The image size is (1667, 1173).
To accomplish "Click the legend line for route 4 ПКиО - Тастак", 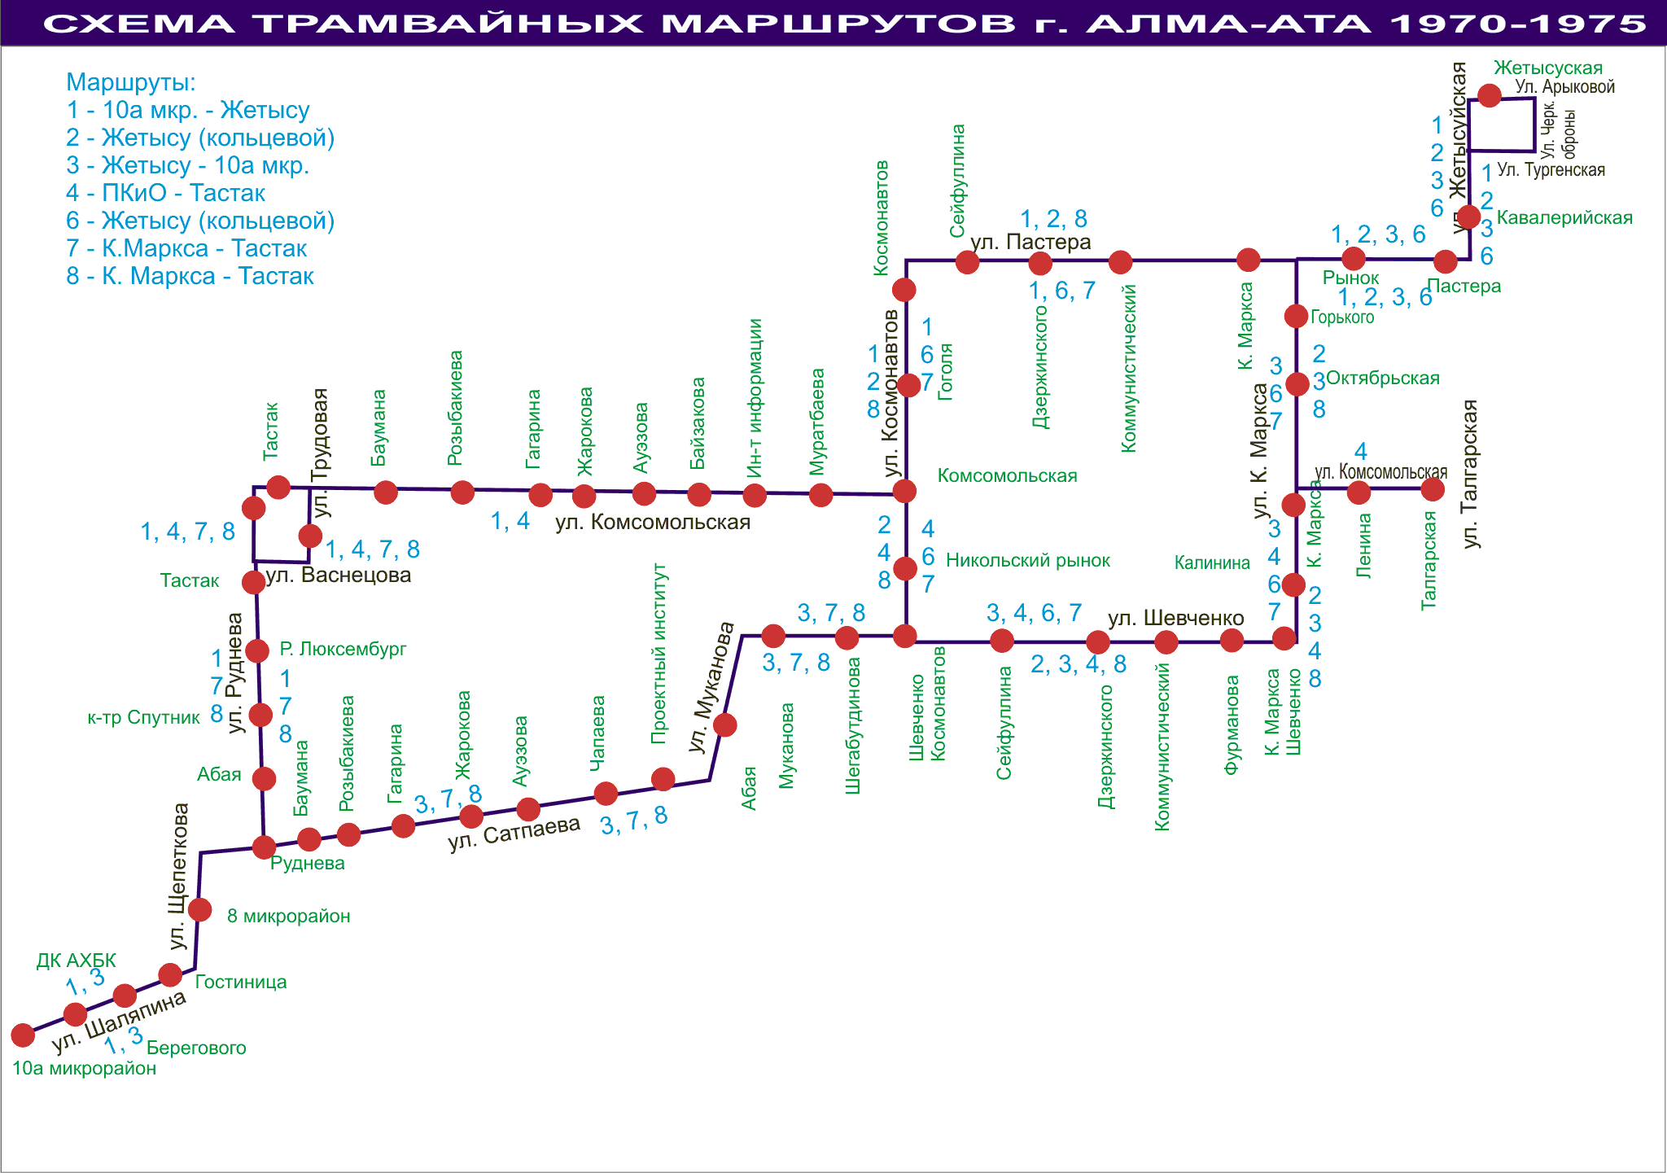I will (x=166, y=194).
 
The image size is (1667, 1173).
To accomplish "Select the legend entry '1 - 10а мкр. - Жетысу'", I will (x=188, y=110).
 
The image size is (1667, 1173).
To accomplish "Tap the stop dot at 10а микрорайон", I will (x=23, y=1035).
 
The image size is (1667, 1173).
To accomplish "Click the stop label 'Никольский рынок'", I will (x=1027, y=560).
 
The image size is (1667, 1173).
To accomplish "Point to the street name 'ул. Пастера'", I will (x=1030, y=243).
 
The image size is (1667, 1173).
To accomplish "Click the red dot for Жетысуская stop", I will (x=1490, y=95).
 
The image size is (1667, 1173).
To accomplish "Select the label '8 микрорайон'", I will (x=288, y=916).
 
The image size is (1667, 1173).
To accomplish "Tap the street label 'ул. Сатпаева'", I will (x=514, y=833).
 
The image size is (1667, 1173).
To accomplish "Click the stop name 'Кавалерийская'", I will (x=1564, y=218).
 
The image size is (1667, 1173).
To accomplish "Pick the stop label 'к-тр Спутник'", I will (x=144, y=718).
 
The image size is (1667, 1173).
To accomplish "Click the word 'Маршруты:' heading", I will (x=131, y=82).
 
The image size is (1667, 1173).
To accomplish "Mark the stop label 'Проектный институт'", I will (x=660, y=653).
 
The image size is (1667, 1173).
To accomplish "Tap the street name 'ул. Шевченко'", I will (x=1175, y=619).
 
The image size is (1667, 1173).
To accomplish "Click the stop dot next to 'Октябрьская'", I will (x=1297, y=383).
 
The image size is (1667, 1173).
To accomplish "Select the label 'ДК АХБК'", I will (x=77, y=961).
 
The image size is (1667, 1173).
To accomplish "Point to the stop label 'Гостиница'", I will (x=241, y=982).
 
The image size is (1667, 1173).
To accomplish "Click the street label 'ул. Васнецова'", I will (x=339, y=576).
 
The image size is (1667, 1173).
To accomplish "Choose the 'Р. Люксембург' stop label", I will (x=343, y=649).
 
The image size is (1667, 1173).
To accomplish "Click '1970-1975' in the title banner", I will (x=1518, y=24).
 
